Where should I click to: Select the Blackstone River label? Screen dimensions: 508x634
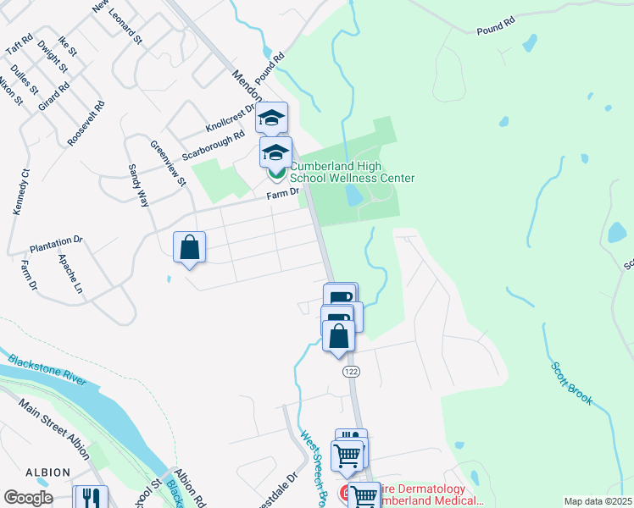(x=47, y=370)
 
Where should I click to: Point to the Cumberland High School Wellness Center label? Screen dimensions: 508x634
(x=353, y=173)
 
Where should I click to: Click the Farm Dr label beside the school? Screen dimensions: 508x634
(x=284, y=194)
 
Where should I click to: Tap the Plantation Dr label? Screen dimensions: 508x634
(x=56, y=244)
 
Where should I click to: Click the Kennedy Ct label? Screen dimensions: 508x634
(x=20, y=191)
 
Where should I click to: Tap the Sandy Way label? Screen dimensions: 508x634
(x=137, y=185)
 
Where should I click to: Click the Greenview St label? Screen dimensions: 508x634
(x=168, y=163)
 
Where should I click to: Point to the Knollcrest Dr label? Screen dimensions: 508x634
(x=230, y=119)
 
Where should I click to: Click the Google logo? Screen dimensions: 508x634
(x=28, y=498)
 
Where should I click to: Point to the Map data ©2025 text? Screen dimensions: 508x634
(x=598, y=501)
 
